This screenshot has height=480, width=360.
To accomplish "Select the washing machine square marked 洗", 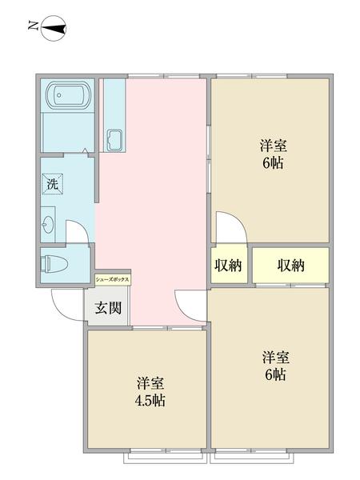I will pos(52,182).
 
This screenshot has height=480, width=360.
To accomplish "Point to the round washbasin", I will pos(49,225).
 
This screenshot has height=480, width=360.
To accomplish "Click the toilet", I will pos(54,262).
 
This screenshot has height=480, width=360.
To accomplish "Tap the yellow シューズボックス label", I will pos(112,280).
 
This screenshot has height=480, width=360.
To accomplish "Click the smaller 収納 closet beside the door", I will pos(228,265).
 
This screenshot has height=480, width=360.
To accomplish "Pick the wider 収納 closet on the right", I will pos(290,265).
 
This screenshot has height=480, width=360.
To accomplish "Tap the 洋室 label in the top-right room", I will pos(273,146).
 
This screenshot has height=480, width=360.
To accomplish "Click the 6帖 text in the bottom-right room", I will pos(274,374).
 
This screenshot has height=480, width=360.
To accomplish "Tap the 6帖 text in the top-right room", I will pos(273,164).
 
